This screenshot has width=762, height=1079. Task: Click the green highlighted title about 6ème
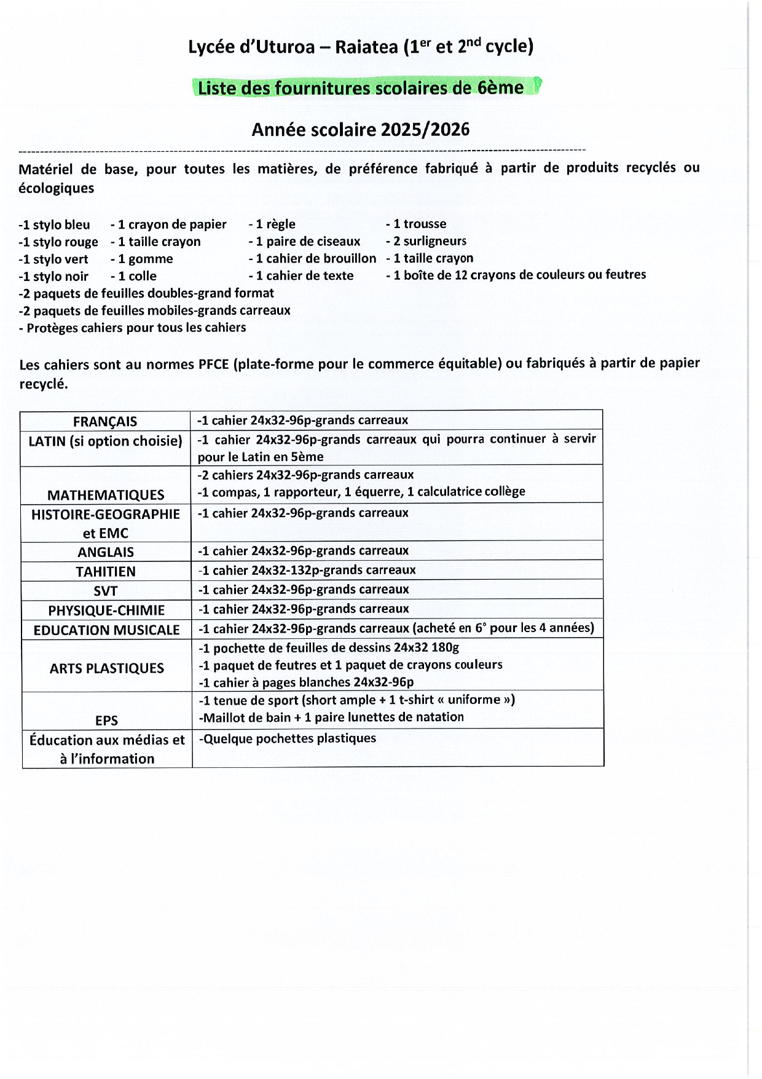click(361, 88)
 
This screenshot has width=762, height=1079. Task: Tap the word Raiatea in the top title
click(366, 47)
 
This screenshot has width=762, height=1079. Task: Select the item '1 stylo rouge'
click(58, 242)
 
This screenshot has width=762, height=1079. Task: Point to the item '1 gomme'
click(142, 259)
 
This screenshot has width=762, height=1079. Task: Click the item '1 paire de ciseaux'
click(305, 242)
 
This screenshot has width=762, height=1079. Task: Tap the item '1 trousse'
click(417, 224)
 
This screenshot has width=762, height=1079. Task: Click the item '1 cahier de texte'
click(301, 276)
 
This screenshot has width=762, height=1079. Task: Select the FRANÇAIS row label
click(105, 422)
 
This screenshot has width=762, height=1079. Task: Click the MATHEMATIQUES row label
click(106, 495)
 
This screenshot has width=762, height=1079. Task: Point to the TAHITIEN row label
click(106, 572)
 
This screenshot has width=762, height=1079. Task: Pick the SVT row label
click(106, 591)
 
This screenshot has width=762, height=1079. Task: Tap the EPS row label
click(106, 720)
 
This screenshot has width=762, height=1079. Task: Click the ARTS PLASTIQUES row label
click(107, 668)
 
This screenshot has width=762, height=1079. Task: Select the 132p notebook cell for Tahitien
click(307, 570)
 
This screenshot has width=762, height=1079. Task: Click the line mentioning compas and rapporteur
click(361, 492)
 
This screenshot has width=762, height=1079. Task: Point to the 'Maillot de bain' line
click(332, 717)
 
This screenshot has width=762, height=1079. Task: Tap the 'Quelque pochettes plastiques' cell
click(288, 738)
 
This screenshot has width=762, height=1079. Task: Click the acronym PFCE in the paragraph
click(213, 365)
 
